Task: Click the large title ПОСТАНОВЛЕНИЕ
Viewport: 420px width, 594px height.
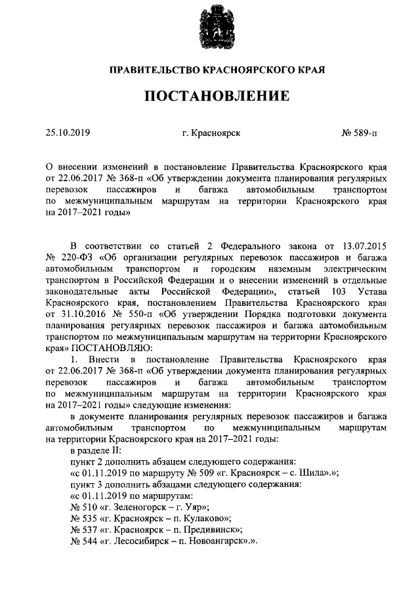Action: click(217, 96)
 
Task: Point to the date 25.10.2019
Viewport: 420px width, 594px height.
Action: click(68, 133)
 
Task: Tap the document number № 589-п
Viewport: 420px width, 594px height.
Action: click(360, 133)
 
